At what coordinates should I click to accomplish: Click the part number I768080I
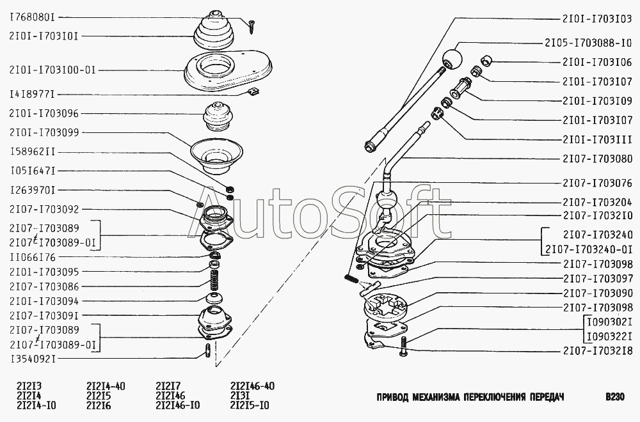tap(32, 17)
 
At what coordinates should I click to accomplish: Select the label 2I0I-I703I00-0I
tap(52, 70)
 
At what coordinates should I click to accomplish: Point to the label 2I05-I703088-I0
tap(588, 43)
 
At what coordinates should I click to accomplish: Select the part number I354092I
tap(32, 359)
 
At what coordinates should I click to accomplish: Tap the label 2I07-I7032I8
tap(598, 350)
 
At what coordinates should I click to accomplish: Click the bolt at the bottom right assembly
tap(403, 346)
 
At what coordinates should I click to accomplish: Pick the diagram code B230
tap(614, 396)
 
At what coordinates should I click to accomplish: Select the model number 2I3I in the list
tap(239, 396)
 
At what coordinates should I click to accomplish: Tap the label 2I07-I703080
tap(598, 159)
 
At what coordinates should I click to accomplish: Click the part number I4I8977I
tap(32, 95)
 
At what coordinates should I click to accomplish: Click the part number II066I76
tap(32, 257)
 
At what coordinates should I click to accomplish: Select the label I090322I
tap(609, 336)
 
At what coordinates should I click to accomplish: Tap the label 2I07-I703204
tap(598, 202)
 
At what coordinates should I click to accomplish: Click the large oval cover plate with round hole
tap(228, 70)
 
